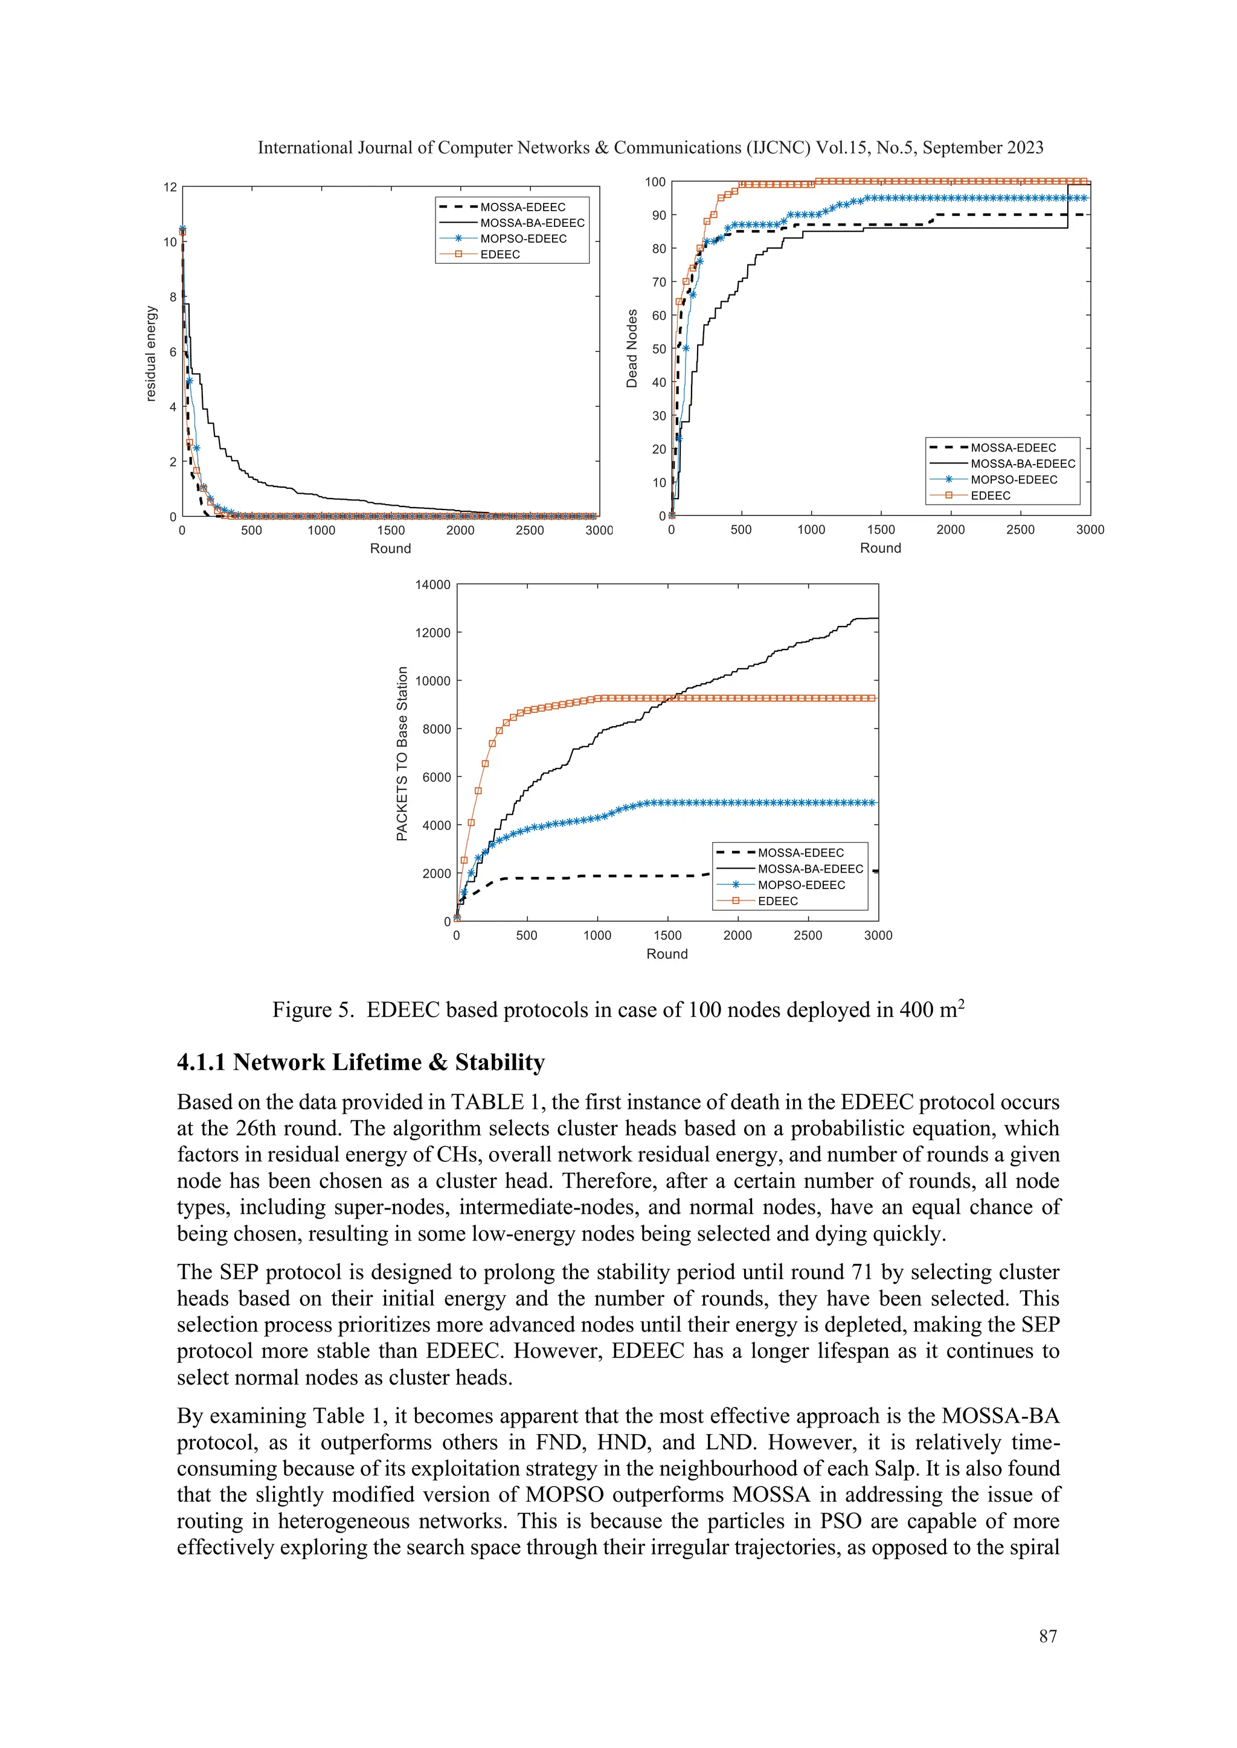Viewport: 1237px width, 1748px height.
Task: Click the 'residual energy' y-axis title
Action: pos(151,353)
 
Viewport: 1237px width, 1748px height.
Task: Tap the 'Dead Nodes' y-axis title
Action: pos(631,349)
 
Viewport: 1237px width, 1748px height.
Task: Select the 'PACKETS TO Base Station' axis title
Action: pos(402,754)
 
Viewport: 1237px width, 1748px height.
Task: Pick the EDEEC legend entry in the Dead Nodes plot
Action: pos(990,496)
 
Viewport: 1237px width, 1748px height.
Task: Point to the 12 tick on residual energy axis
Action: pos(170,187)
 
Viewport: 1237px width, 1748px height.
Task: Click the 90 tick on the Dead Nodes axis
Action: pos(658,215)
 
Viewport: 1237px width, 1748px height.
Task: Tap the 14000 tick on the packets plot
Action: pos(432,585)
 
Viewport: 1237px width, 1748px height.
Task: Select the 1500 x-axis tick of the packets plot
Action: pos(667,935)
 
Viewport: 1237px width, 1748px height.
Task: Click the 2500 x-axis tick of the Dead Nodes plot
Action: pos(1020,530)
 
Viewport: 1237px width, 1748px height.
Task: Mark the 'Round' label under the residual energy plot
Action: pos(390,548)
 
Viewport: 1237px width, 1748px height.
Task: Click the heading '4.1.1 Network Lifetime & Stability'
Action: pos(361,1062)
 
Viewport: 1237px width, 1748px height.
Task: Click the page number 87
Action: pos(1047,1636)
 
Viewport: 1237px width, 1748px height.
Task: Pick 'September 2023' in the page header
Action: pos(983,148)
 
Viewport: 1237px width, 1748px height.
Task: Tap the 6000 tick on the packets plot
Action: pos(437,777)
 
